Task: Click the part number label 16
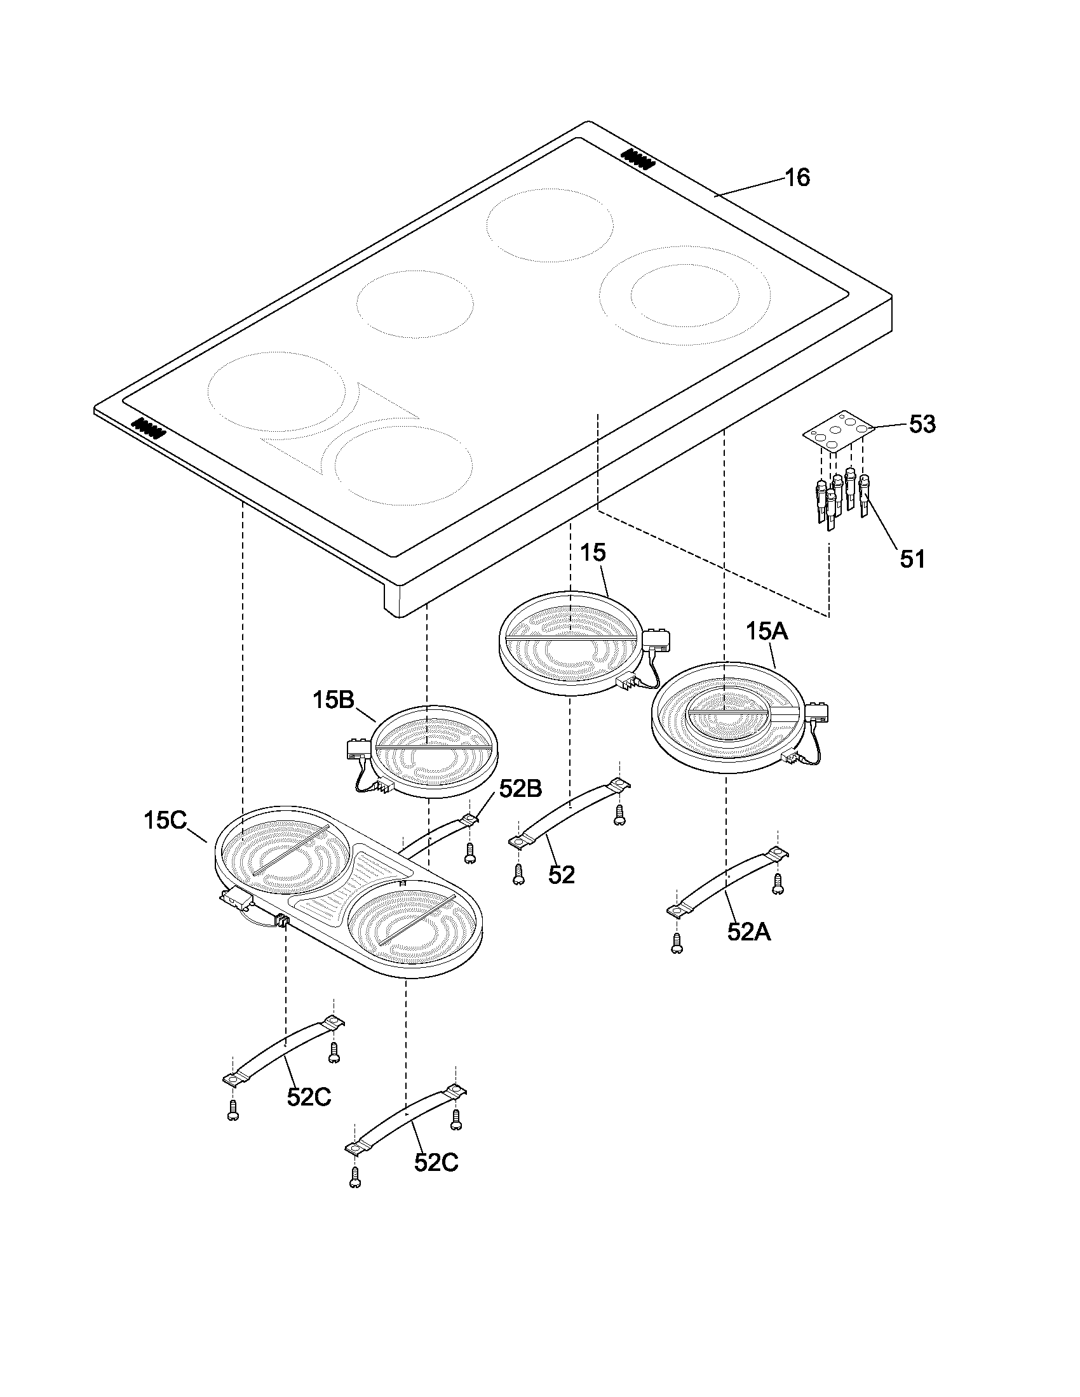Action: (x=797, y=177)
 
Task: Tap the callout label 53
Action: (x=922, y=424)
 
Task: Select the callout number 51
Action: (x=912, y=559)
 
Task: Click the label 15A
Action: (x=767, y=632)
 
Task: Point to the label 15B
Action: (x=334, y=700)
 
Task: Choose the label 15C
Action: (x=165, y=820)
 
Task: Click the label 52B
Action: (x=520, y=789)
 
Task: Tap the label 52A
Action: (x=748, y=932)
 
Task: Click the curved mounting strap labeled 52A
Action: (x=729, y=881)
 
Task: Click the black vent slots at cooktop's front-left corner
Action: (x=149, y=427)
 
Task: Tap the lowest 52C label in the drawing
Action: (x=436, y=1162)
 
